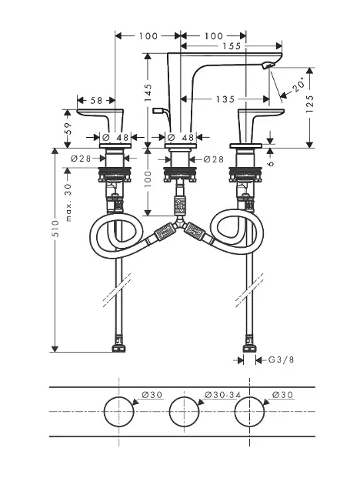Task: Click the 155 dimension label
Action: tap(231, 46)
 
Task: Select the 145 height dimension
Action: tap(148, 93)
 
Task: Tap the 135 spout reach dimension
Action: tap(225, 99)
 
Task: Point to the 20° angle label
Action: tap(298, 85)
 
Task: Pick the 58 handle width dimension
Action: tap(96, 101)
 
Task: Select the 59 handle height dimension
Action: tap(68, 129)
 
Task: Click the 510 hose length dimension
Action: tap(55, 229)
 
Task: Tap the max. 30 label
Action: tap(68, 202)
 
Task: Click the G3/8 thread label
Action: tap(281, 360)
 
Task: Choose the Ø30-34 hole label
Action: tap(222, 395)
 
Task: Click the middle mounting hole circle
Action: tap(184, 412)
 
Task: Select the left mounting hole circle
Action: tap(119, 412)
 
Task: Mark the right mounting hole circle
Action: tap(249, 412)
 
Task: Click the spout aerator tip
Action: tap(268, 65)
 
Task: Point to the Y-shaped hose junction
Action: tap(180, 222)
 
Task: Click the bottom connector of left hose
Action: tap(119, 347)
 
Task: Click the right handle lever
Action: tap(260, 114)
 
